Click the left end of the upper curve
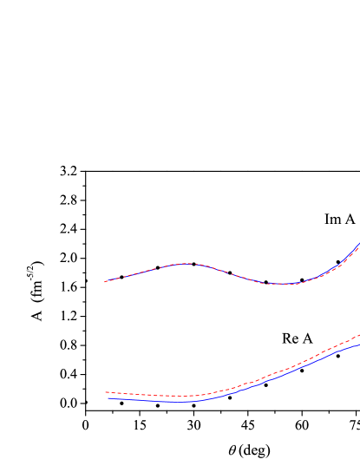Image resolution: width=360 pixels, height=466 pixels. coord(105,281)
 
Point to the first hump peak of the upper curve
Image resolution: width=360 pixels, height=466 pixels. coord(187,263)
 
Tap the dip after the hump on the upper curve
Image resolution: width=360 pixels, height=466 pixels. coord(282,284)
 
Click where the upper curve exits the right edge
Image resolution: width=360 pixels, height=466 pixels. coord(358,245)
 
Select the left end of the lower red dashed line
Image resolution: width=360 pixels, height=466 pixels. coord(106,392)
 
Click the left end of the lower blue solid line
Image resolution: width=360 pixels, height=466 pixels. coord(108,398)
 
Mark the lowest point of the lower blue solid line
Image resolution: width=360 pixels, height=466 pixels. coord(178,402)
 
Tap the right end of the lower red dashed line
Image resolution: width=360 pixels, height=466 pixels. coord(358,335)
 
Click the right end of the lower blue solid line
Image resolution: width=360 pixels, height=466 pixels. coord(358,345)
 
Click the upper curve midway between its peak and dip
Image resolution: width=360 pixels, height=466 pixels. coord(232,273)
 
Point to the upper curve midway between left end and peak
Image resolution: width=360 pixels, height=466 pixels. coord(146,271)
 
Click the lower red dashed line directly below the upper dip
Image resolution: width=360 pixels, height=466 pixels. coord(282,371)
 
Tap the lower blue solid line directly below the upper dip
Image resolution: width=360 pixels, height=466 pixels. coord(282,376)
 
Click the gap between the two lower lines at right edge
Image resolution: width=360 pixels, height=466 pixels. coord(357,340)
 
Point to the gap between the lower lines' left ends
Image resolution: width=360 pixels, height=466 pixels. coord(108,396)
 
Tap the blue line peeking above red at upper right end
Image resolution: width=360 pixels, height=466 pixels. coord(356,247)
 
